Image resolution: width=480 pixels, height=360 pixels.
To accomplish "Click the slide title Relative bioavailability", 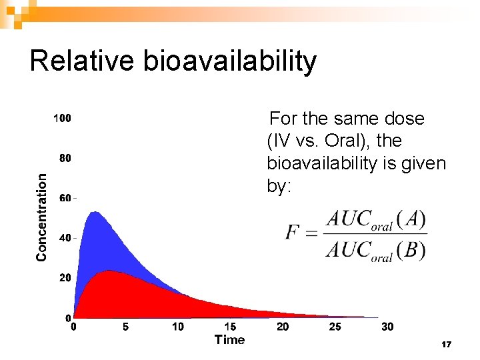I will pyautogui.click(x=173, y=61).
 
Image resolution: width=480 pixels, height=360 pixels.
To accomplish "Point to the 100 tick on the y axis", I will pyautogui.click(x=62, y=119).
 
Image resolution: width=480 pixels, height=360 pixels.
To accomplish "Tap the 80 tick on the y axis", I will pyautogui.click(x=65, y=159).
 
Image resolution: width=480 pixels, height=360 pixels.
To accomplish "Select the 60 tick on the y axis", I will pyautogui.click(x=65, y=198).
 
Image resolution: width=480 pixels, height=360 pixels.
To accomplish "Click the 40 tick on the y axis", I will pyautogui.click(x=65, y=238).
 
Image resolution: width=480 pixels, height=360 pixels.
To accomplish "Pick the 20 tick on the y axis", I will pyautogui.click(x=65, y=278).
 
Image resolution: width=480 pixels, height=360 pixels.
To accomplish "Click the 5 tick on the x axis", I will pyautogui.click(x=125, y=327).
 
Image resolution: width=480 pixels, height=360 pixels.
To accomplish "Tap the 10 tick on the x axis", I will pyautogui.click(x=178, y=327).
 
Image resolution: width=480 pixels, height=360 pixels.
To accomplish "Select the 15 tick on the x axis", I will pyautogui.click(x=230, y=327).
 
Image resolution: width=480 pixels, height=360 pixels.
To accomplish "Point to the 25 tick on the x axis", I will pyautogui.click(x=335, y=327).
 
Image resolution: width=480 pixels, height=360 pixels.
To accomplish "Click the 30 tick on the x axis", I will pyautogui.click(x=387, y=327).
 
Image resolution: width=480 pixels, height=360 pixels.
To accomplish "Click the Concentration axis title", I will pyautogui.click(x=42, y=217).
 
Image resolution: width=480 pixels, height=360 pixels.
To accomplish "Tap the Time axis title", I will pyautogui.click(x=229, y=340).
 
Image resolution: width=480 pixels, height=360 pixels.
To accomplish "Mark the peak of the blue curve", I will pyautogui.click(x=94, y=213).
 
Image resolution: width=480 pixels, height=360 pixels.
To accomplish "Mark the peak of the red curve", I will pyautogui.click(x=109, y=271).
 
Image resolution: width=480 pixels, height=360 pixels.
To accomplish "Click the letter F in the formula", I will pyautogui.click(x=292, y=233).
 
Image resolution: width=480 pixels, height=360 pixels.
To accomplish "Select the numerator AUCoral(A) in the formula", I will pyautogui.click(x=375, y=219).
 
